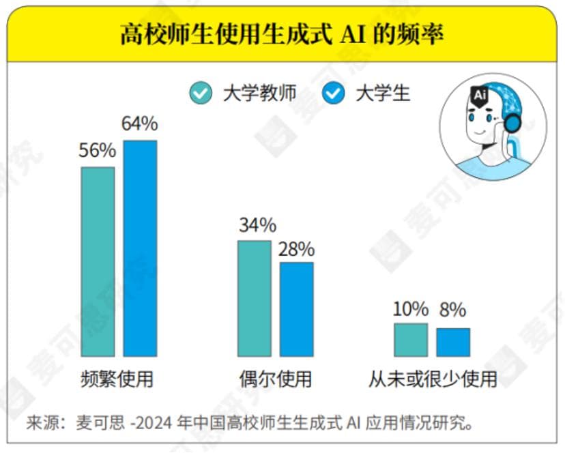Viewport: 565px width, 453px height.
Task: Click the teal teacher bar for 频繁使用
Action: click(x=98, y=261)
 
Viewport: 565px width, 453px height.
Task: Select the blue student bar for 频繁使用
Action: click(x=140, y=248)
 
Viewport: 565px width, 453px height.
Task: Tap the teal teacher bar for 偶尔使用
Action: click(x=254, y=298)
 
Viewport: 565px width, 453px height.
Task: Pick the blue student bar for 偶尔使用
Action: click(x=297, y=309)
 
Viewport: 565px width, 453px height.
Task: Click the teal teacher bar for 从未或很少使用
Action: click(x=411, y=340)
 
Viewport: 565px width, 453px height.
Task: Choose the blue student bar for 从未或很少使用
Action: click(x=453, y=342)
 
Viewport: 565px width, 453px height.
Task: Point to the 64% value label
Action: click(x=140, y=124)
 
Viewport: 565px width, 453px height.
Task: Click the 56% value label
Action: click(x=98, y=151)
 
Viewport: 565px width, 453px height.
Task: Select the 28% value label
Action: click(x=296, y=249)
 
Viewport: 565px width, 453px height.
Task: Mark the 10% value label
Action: click(x=411, y=310)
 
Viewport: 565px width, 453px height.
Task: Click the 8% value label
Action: click(x=452, y=310)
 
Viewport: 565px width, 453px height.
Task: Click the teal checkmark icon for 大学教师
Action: click(x=201, y=93)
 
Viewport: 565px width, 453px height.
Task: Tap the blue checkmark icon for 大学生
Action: click(x=334, y=93)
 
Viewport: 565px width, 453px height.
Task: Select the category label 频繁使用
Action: click(x=117, y=379)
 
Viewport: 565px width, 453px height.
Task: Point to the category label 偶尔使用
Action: click(x=275, y=379)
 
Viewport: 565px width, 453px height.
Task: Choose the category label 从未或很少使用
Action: click(x=433, y=379)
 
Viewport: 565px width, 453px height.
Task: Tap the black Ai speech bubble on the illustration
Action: click(x=479, y=96)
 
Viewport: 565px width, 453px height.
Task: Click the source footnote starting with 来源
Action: click(x=250, y=423)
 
